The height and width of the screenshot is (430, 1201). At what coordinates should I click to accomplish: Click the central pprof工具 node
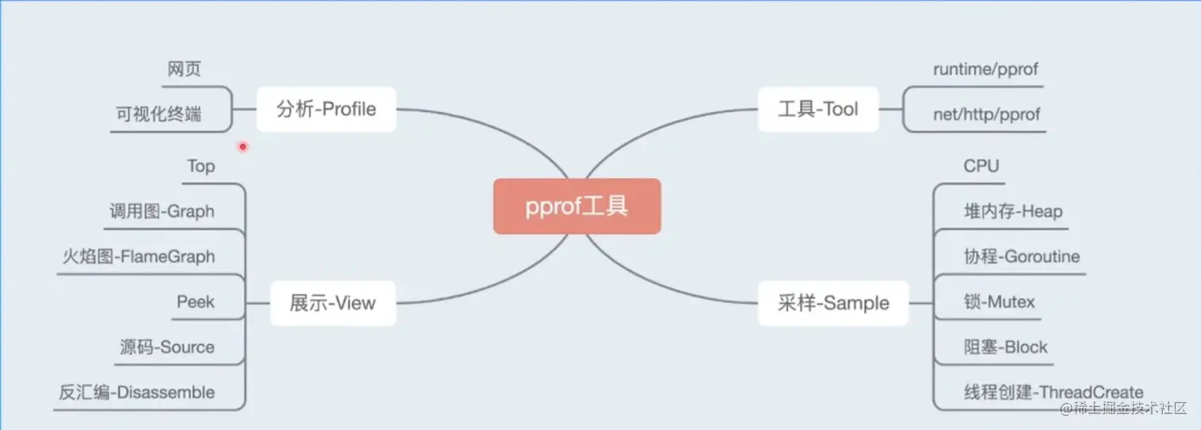pos(577,207)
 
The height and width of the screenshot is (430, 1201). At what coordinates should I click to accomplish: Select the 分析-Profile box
pos(326,109)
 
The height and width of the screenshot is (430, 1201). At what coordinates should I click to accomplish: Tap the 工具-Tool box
pos(818,109)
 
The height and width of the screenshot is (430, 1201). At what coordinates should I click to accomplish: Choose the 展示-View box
pos(333,303)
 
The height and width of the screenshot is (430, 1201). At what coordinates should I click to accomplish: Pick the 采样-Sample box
pos(833,303)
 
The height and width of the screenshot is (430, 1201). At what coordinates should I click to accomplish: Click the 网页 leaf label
pos(184,69)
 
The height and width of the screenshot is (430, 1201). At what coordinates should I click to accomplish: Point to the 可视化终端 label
pos(159,114)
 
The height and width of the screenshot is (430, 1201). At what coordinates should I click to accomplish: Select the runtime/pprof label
pos(986,69)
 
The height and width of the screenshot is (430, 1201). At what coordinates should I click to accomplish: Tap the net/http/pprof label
pos(987,114)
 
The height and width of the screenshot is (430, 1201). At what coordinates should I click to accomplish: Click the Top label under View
pos(201,166)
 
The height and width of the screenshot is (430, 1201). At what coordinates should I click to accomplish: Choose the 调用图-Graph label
pos(162,211)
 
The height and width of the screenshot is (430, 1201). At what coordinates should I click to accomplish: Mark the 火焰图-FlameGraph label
pos(139,257)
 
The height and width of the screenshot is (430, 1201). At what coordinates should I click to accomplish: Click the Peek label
pos(196,302)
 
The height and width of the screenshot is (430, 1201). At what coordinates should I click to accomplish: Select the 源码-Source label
pos(167,347)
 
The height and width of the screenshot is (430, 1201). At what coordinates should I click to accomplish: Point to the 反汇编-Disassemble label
pos(137,393)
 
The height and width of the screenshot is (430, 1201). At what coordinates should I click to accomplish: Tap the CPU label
pos(981,166)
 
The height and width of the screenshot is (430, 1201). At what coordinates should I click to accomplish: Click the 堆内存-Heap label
pos(1013,211)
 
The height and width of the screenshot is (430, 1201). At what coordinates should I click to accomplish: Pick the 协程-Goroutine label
pos(1021,257)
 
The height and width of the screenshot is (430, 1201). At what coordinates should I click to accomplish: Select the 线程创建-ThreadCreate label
pos(1053,393)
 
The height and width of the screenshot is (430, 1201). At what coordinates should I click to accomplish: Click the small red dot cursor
pos(243,146)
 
